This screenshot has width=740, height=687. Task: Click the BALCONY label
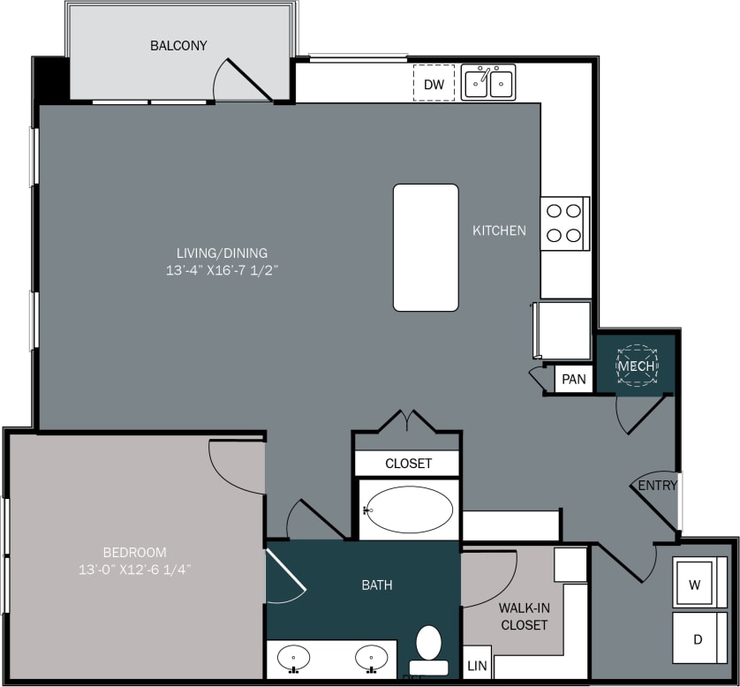[x=178, y=45]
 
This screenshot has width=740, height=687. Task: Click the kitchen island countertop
[x=426, y=247]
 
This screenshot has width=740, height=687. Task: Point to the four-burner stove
[x=564, y=223]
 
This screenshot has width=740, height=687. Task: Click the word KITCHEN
[x=499, y=230]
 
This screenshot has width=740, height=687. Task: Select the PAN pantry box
[x=574, y=380]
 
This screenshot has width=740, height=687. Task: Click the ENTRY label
[x=658, y=486]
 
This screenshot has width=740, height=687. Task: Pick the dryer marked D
[x=697, y=638]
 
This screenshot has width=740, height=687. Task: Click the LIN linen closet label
[x=477, y=665]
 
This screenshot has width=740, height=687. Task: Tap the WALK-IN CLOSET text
[x=524, y=616]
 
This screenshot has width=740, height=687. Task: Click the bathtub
[x=409, y=510]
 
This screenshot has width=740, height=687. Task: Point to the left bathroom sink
[x=293, y=658]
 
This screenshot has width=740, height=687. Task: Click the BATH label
[x=377, y=585]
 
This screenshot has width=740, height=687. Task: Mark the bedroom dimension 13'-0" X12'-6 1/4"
[x=134, y=570]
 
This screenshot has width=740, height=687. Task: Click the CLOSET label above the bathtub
[x=408, y=464]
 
